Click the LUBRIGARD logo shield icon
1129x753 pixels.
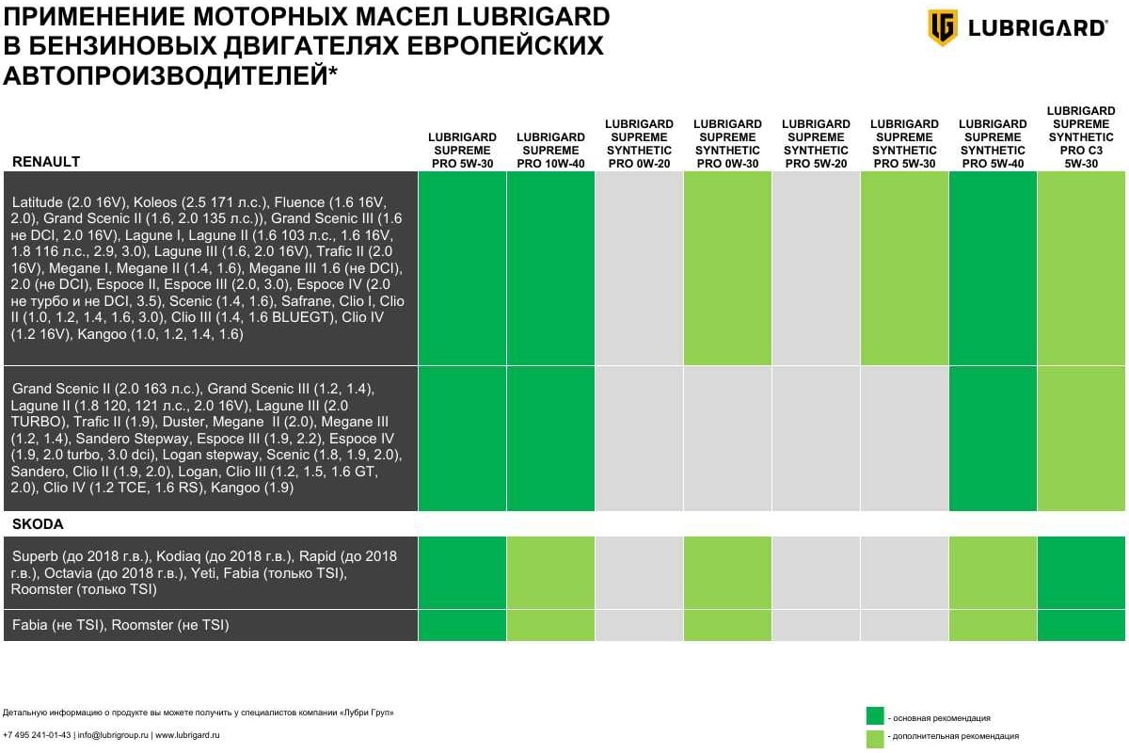[x=943, y=27]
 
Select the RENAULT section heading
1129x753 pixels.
[x=46, y=162]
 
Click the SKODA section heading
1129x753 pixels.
[x=38, y=524]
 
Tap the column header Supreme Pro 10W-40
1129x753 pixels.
[x=550, y=150]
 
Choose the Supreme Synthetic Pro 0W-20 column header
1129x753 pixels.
[x=639, y=143]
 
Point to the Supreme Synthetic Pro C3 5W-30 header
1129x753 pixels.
[x=1081, y=136]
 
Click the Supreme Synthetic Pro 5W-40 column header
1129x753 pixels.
[x=993, y=143]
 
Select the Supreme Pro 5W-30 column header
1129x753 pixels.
[x=462, y=150]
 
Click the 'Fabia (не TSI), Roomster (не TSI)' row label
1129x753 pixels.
[x=120, y=625]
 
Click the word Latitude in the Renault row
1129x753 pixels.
[x=38, y=202]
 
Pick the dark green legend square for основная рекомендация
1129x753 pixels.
[x=874, y=717]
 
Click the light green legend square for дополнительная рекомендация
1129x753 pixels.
[x=874, y=736]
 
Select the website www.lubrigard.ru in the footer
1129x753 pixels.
[x=186, y=735]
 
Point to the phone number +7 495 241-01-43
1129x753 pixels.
[x=37, y=735]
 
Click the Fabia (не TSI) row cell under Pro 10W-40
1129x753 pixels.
[x=550, y=625]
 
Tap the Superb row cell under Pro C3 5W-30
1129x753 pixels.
[x=1081, y=573]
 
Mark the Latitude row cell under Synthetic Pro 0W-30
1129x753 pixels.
[x=727, y=269]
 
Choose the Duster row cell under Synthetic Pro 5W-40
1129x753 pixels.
[x=993, y=439]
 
